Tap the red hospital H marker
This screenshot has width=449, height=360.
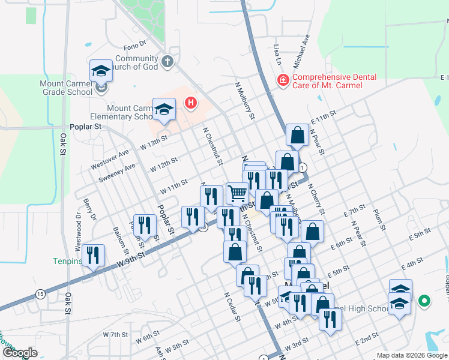(191, 103)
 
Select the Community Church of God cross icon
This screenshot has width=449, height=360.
(167, 61)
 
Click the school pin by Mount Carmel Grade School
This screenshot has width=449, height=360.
(101, 71)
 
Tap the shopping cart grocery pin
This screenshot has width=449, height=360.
(238, 193)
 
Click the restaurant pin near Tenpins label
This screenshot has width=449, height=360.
(93, 255)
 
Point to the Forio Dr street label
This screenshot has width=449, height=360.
(135, 44)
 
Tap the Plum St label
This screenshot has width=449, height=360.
(378, 220)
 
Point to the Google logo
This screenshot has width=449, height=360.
(20, 353)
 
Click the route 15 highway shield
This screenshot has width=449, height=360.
(40, 293)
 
